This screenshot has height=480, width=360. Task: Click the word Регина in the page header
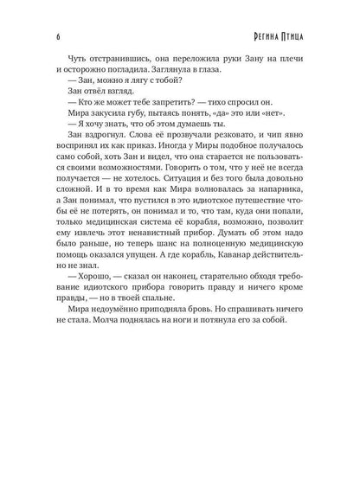267,37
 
